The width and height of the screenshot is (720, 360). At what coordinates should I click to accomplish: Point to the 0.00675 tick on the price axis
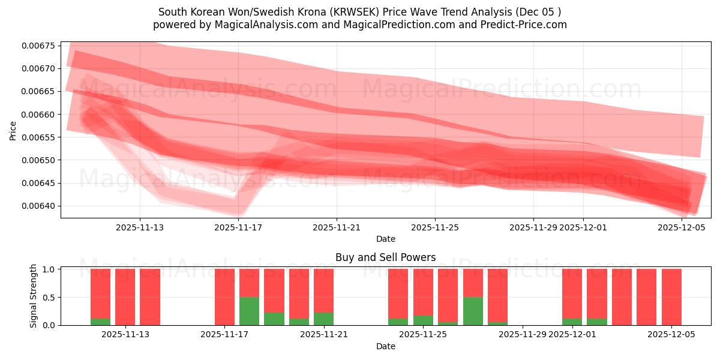(x=38, y=46)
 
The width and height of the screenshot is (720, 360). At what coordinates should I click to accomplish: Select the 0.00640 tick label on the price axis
(x=38, y=206)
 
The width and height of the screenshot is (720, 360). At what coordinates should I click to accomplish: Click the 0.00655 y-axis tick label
(x=38, y=137)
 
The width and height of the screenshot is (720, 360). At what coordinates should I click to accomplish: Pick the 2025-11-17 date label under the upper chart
(x=238, y=227)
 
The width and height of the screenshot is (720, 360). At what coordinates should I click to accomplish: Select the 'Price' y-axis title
(x=13, y=130)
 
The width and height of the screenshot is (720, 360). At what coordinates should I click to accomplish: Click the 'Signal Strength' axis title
(x=34, y=296)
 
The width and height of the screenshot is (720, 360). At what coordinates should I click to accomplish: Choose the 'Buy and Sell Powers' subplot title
(x=385, y=257)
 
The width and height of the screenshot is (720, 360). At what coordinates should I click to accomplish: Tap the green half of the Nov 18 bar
(x=249, y=311)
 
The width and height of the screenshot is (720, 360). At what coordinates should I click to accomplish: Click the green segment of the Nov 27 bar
(x=473, y=311)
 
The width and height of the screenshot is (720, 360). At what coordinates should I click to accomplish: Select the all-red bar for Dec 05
(x=671, y=297)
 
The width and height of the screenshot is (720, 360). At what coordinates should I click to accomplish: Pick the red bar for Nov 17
(x=224, y=297)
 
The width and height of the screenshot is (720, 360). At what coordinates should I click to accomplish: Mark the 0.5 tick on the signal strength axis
(x=67, y=297)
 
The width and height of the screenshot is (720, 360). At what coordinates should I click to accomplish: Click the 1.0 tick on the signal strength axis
(x=67, y=269)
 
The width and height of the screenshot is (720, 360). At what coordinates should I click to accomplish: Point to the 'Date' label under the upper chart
(x=385, y=239)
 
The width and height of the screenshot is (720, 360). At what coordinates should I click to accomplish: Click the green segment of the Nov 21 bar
(x=323, y=319)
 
